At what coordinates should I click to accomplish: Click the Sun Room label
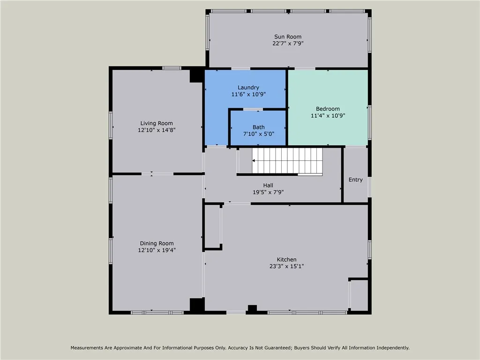coord(287,37)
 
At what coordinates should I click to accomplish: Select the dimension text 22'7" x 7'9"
coord(287,44)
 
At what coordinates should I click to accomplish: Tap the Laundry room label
coord(248,87)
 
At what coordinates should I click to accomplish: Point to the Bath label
coord(258,127)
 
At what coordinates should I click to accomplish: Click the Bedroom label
coord(328,109)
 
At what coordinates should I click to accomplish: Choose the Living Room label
coord(157,123)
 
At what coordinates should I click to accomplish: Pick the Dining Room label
coord(157,243)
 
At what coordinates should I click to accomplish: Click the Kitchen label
coord(286,260)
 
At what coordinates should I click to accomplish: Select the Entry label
coord(356,180)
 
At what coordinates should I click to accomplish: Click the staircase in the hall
coord(287,161)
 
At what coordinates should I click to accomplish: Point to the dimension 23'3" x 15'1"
coord(286,267)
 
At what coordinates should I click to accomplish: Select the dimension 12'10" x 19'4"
coord(157,250)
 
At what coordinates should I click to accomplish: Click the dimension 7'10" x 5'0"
coord(258,134)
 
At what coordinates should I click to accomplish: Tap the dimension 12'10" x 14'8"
coord(157,130)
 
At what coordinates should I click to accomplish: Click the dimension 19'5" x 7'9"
coord(268,192)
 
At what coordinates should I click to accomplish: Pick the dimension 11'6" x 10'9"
coord(248,94)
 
